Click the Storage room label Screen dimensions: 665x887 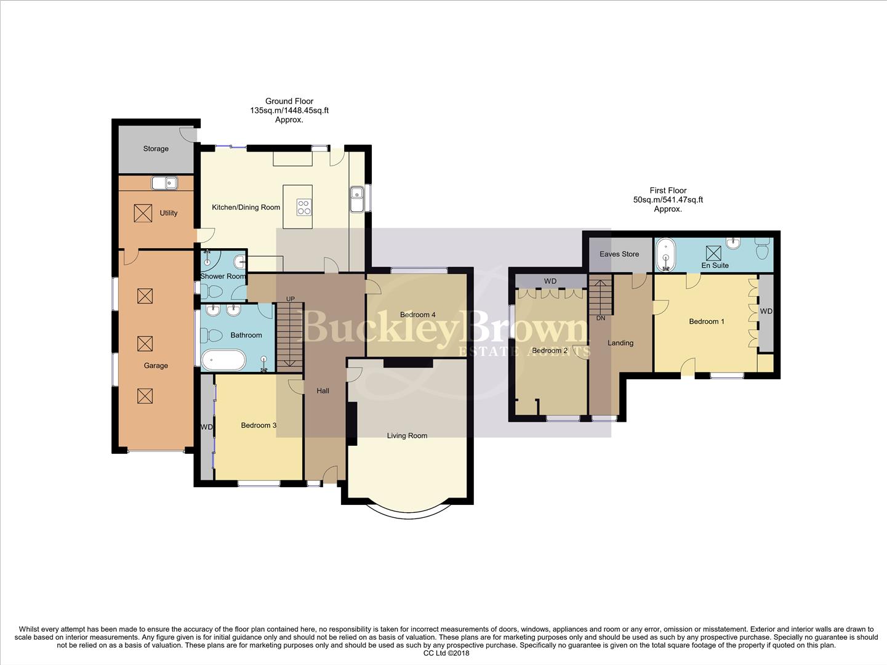point(156,149)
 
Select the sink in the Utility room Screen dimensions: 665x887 point(164,182)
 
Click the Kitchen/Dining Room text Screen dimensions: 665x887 point(246,208)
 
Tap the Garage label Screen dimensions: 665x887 point(156,366)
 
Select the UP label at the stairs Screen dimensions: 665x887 point(290,299)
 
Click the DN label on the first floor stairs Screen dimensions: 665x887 point(600,318)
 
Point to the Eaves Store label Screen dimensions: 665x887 point(619,254)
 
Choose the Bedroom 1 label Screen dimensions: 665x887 point(706,321)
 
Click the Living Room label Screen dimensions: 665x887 point(407,436)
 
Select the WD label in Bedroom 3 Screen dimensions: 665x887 point(207,427)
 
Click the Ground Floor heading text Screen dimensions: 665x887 point(289,101)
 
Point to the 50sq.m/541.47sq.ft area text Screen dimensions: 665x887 point(668,199)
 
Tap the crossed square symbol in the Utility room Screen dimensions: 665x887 point(142,213)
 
